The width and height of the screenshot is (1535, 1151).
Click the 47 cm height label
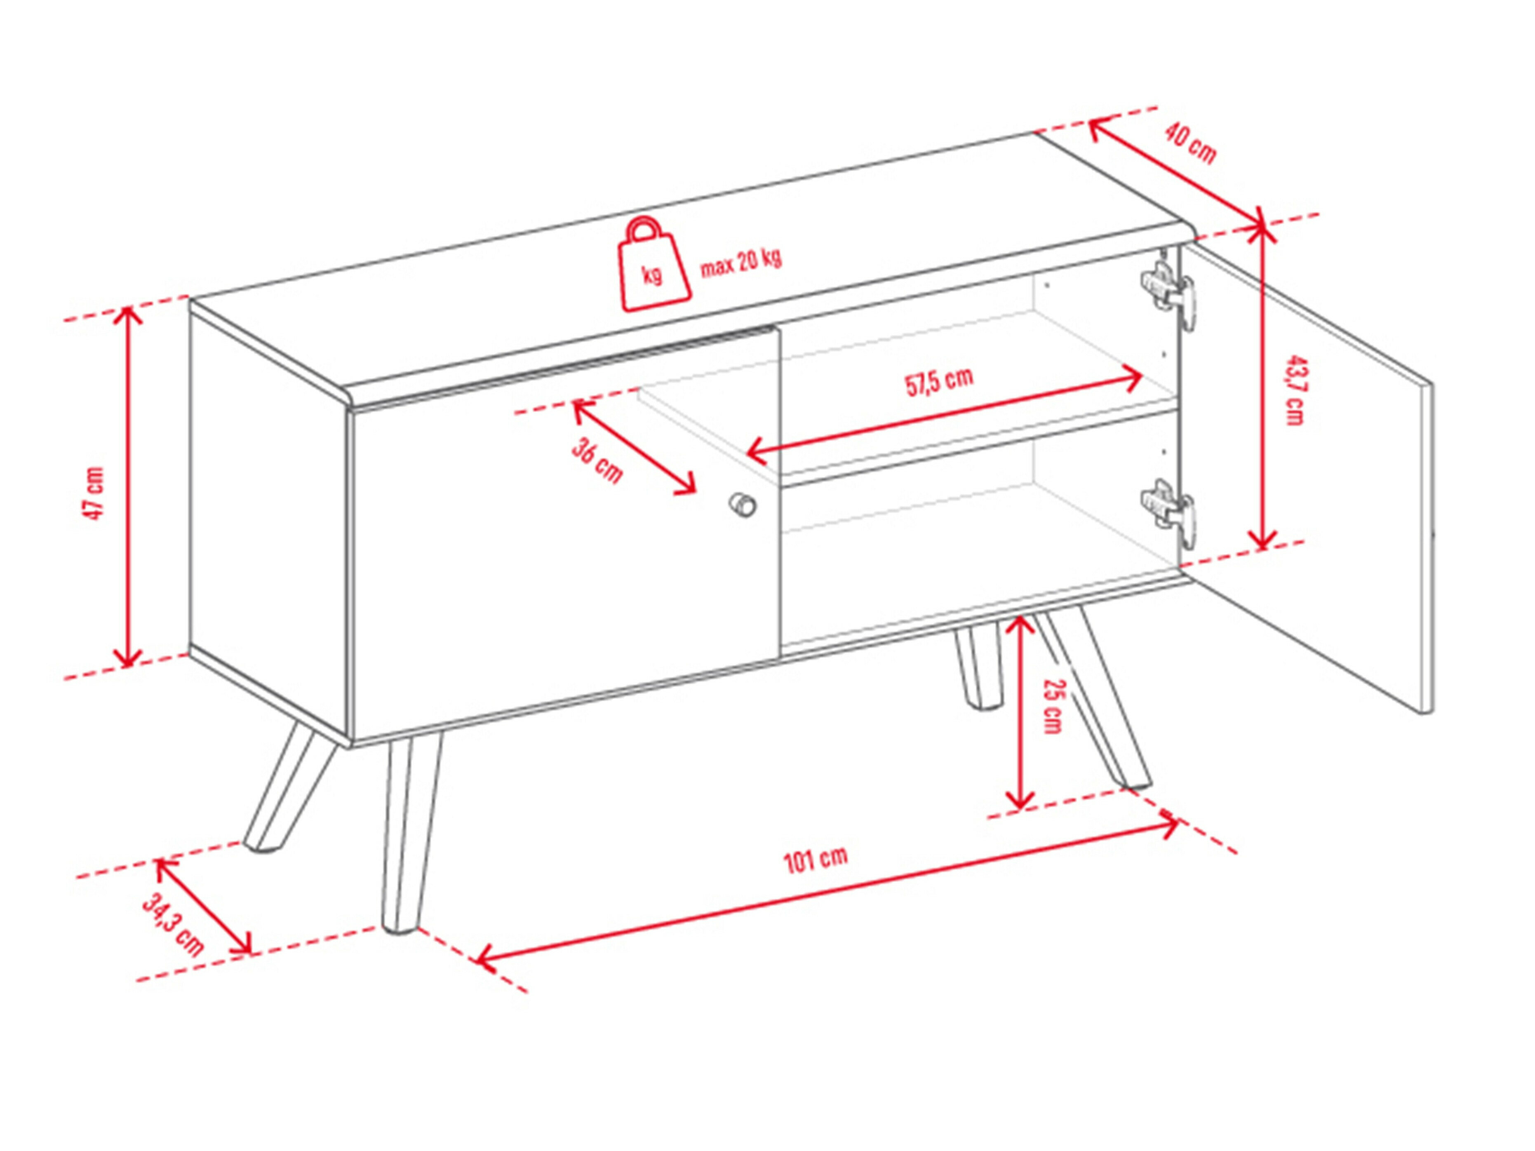click(94, 493)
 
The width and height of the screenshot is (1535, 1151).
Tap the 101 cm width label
click(816, 860)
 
